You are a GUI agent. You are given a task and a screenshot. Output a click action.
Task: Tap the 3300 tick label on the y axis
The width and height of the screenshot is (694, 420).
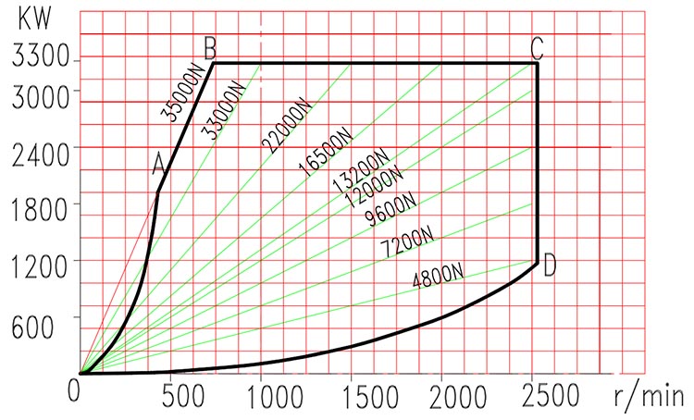coord(35,60)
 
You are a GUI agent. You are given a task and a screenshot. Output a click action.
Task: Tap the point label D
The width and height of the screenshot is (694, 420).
coord(550,266)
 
